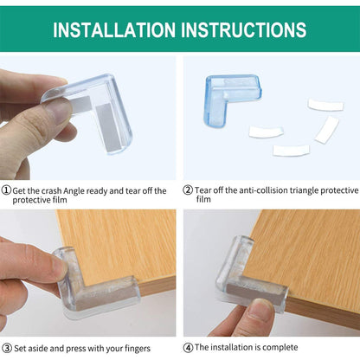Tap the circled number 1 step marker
coord(6,190)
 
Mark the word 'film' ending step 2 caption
coord(203,199)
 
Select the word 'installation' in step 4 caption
coord(226,347)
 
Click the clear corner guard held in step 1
coord(104,117)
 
